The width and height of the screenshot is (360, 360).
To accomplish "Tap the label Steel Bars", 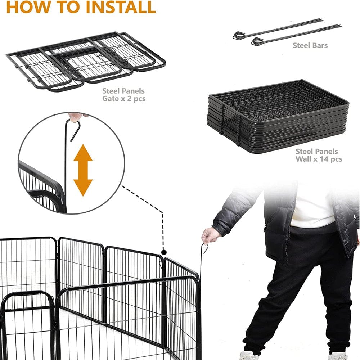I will tap(310, 45).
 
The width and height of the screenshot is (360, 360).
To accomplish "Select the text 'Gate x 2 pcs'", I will tap(123, 98).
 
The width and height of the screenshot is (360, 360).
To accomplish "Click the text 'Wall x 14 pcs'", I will tap(319, 159).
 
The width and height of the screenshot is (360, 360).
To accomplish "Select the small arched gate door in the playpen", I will tap(27, 324).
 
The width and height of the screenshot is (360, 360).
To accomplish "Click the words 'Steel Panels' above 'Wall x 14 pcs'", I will tap(316, 151).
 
